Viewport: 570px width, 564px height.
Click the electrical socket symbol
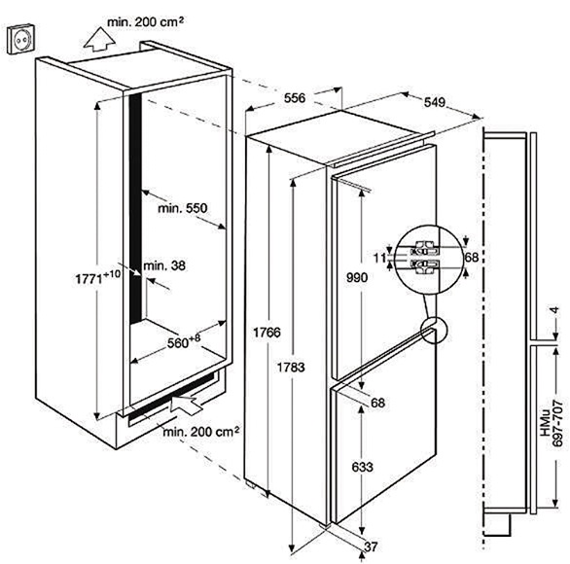[21, 39]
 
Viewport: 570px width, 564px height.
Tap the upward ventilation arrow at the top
[99, 39]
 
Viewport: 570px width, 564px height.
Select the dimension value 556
[295, 98]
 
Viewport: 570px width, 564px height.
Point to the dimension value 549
[435, 102]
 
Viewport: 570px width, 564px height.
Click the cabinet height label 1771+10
[97, 277]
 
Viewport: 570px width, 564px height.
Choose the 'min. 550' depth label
[183, 208]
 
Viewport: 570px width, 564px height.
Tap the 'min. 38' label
[164, 265]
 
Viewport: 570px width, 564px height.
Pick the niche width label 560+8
[184, 341]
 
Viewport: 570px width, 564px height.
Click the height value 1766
[267, 333]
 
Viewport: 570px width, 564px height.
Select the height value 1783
[291, 368]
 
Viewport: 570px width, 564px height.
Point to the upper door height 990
[357, 278]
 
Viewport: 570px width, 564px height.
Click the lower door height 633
[363, 467]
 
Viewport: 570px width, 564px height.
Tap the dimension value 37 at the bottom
[371, 546]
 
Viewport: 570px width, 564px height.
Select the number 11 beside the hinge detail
[379, 258]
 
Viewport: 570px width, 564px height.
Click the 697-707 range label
[558, 423]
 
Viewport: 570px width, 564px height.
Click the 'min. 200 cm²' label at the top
[145, 22]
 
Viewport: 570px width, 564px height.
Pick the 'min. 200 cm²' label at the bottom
[201, 432]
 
